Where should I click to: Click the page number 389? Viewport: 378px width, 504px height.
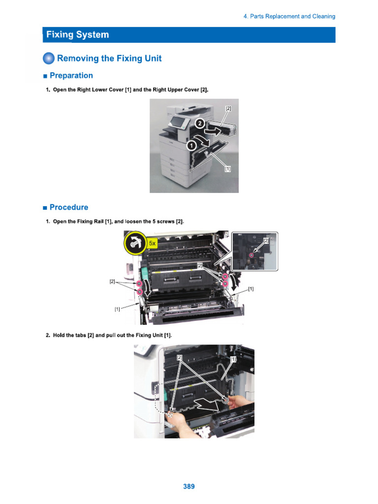pyautogui.click(x=189, y=486)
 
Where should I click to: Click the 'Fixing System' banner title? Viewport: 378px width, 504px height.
pyautogui.click(x=77, y=34)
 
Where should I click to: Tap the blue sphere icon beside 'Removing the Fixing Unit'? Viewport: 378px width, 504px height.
pyautogui.click(x=49, y=58)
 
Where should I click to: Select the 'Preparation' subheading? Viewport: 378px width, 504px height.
pyautogui.click(x=71, y=75)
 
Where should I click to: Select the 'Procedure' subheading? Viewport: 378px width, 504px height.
pyautogui.click(x=69, y=207)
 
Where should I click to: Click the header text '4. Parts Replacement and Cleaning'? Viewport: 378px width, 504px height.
pyautogui.click(x=289, y=16)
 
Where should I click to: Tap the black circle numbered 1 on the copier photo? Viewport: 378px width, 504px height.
pyautogui.click(x=191, y=146)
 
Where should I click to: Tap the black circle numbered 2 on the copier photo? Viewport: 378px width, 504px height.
pyautogui.click(x=200, y=124)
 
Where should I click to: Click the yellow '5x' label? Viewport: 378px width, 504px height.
pyautogui.click(x=153, y=243)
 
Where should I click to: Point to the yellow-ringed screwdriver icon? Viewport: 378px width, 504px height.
pyautogui.click(x=135, y=243)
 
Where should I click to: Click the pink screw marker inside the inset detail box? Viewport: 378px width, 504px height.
pyautogui.click(x=252, y=255)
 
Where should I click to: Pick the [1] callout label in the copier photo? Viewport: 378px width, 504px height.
pyautogui.click(x=227, y=169)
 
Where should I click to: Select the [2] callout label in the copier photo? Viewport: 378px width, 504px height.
pyautogui.click(x=228, y=108)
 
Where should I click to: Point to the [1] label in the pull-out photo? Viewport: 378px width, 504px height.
pyautogui.click(x=233, y=359)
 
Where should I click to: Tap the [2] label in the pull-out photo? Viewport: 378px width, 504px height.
pyautogui.click(x=180, y=357)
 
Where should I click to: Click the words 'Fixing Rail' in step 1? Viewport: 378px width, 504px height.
pyautogui.click(x=91, y=221)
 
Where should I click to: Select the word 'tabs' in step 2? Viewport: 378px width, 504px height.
pyautogui.click(x=81, y=335)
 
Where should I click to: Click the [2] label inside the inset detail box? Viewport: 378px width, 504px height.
pyautogui.click(x=266, y=240)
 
